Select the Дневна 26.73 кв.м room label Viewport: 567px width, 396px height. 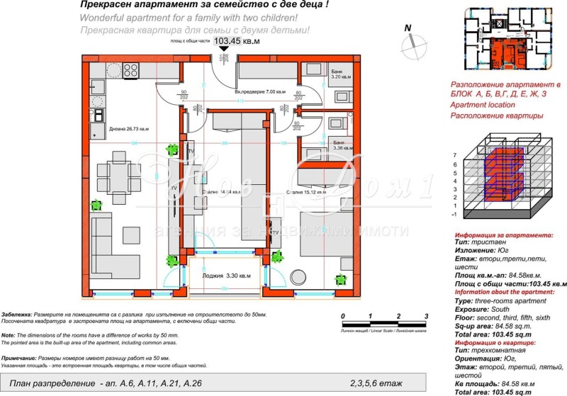(129, 129)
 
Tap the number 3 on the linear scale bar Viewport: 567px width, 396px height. (427, 317)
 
